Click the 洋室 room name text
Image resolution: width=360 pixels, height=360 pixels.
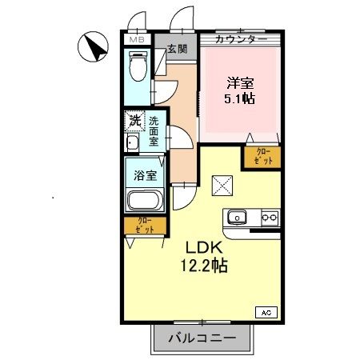[240, 82]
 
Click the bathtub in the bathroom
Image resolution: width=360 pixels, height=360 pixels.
[144, 202]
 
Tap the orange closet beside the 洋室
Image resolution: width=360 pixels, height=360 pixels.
[264, 157]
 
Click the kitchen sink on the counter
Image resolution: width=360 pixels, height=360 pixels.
[238, 217]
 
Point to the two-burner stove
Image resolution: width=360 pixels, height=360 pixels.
[268, 217]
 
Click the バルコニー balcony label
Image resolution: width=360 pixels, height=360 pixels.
[202, 339]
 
